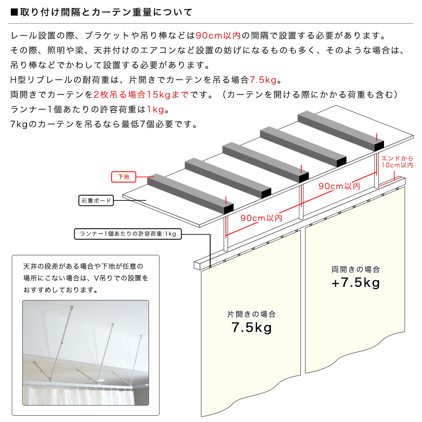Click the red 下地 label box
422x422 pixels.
tap(123, 177)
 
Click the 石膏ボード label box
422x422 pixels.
tap(97, 200)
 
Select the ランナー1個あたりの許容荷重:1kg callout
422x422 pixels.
tap(127, 234)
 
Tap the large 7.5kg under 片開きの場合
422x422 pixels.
tap(252, 328)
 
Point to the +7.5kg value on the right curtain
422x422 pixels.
tap(356, 283)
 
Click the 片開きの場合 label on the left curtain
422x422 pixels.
tap(252, 314)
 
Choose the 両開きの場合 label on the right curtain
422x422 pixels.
tap(356, 269)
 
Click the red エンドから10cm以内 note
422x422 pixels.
tap(397, 162)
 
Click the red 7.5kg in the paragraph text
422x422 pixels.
tap(263, 80)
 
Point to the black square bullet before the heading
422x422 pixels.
tap(14, 12)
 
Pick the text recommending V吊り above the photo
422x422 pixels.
tap(86, 279)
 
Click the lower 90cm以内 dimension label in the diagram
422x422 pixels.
tap(261, 218)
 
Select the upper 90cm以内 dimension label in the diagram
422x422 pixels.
tap(339, 186)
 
